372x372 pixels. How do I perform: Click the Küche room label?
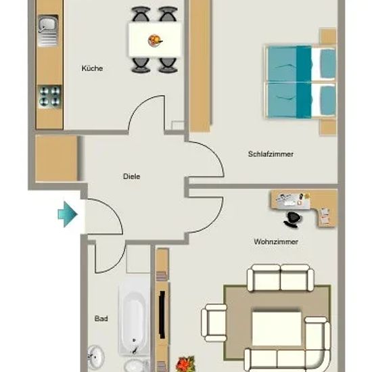(92, 68)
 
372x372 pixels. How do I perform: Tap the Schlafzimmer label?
(271, 154)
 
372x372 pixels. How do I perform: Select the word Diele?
(131, 177)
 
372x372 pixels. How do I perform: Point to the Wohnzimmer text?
(276, 241)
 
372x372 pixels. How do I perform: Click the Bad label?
(101, 319)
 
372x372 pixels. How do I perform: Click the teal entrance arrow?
(68, 214)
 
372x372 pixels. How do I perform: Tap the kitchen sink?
(48, 30)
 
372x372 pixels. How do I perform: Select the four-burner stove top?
(49, 97)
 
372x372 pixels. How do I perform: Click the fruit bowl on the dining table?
(155, 41)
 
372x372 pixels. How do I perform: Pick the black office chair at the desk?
(293, 220)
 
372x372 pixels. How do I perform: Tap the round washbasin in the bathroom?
(96, 356)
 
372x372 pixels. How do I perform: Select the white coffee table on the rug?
(276, 328)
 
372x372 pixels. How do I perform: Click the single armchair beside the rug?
(214, 323)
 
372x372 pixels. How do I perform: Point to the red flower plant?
(185, 364)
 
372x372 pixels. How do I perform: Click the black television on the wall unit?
(162, 315)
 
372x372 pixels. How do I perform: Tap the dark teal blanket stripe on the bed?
(304, 82)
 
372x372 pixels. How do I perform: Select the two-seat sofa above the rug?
(280, 277)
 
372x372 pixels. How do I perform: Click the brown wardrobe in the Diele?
(56, 158)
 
